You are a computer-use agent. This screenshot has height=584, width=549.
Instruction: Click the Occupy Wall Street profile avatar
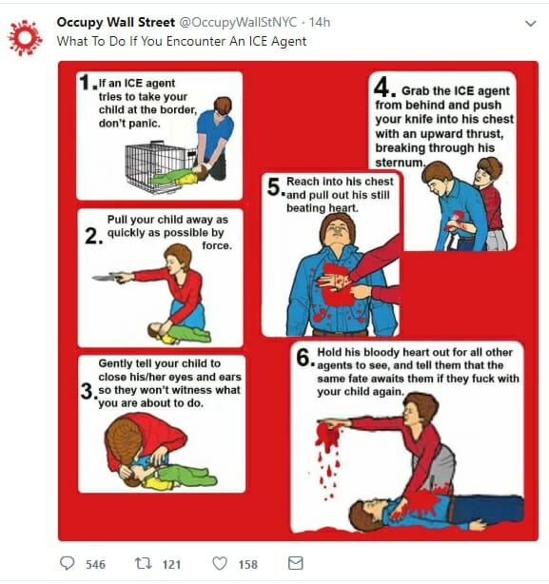tap(25, 38)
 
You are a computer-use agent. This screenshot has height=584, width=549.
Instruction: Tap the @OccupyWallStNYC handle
tap(239, 22)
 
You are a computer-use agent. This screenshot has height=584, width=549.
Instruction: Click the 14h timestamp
tap(320, 22)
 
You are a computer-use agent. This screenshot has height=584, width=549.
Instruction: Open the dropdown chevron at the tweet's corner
tap(530, 24)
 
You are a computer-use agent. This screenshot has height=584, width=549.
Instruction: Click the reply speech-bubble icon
tap(67, 563)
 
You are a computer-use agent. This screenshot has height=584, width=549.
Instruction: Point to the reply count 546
tap(96, 565)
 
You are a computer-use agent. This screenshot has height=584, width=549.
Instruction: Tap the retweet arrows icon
tap(143, 563)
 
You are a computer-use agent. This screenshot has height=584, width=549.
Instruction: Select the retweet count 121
tap(171, 565)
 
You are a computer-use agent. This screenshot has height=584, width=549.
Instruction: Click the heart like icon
tap(220, 563)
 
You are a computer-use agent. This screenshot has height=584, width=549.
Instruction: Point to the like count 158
tap(248, 565)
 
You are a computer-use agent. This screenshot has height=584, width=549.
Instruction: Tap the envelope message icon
tap(296, 563)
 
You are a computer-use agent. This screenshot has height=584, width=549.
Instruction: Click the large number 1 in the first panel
tap(86, 83)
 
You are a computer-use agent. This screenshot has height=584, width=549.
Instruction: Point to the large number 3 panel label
tap(87, 391)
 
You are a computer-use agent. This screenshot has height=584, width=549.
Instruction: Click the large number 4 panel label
tap(382, 87)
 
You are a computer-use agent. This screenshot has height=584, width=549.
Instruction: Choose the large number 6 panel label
tap(304, 358)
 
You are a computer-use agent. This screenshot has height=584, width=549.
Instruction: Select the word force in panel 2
tap(217, 245)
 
